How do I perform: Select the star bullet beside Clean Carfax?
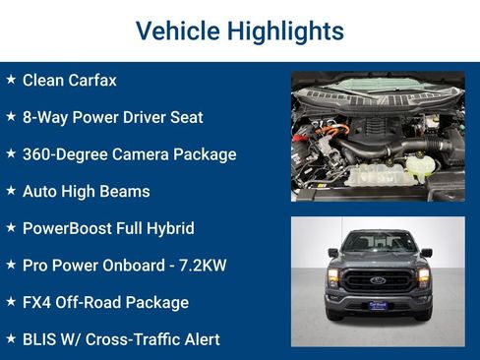[x=11, y=80]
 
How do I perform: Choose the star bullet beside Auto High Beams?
[x=11, y=191]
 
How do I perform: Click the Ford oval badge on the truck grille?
[x=378, y=279]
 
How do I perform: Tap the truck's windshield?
[x=378, y=242]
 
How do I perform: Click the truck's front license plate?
[x=378, y=305]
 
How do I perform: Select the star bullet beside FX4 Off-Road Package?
[x=11, y=302]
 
